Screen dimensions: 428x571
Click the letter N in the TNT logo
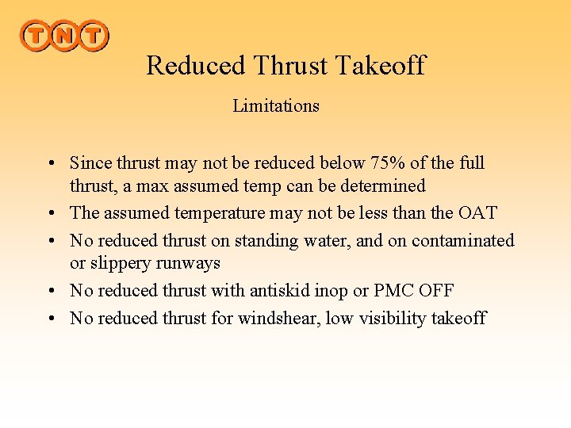coord(64,36)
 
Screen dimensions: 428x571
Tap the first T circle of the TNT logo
coord(35,36)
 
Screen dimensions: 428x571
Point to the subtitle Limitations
coord(276,106)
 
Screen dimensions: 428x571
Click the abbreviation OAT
coord(477,213)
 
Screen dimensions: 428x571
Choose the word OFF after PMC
coord(435,291)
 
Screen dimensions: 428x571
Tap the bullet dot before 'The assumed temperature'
coord(50,214)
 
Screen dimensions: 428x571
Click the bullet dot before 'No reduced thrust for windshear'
coord(50,319)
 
